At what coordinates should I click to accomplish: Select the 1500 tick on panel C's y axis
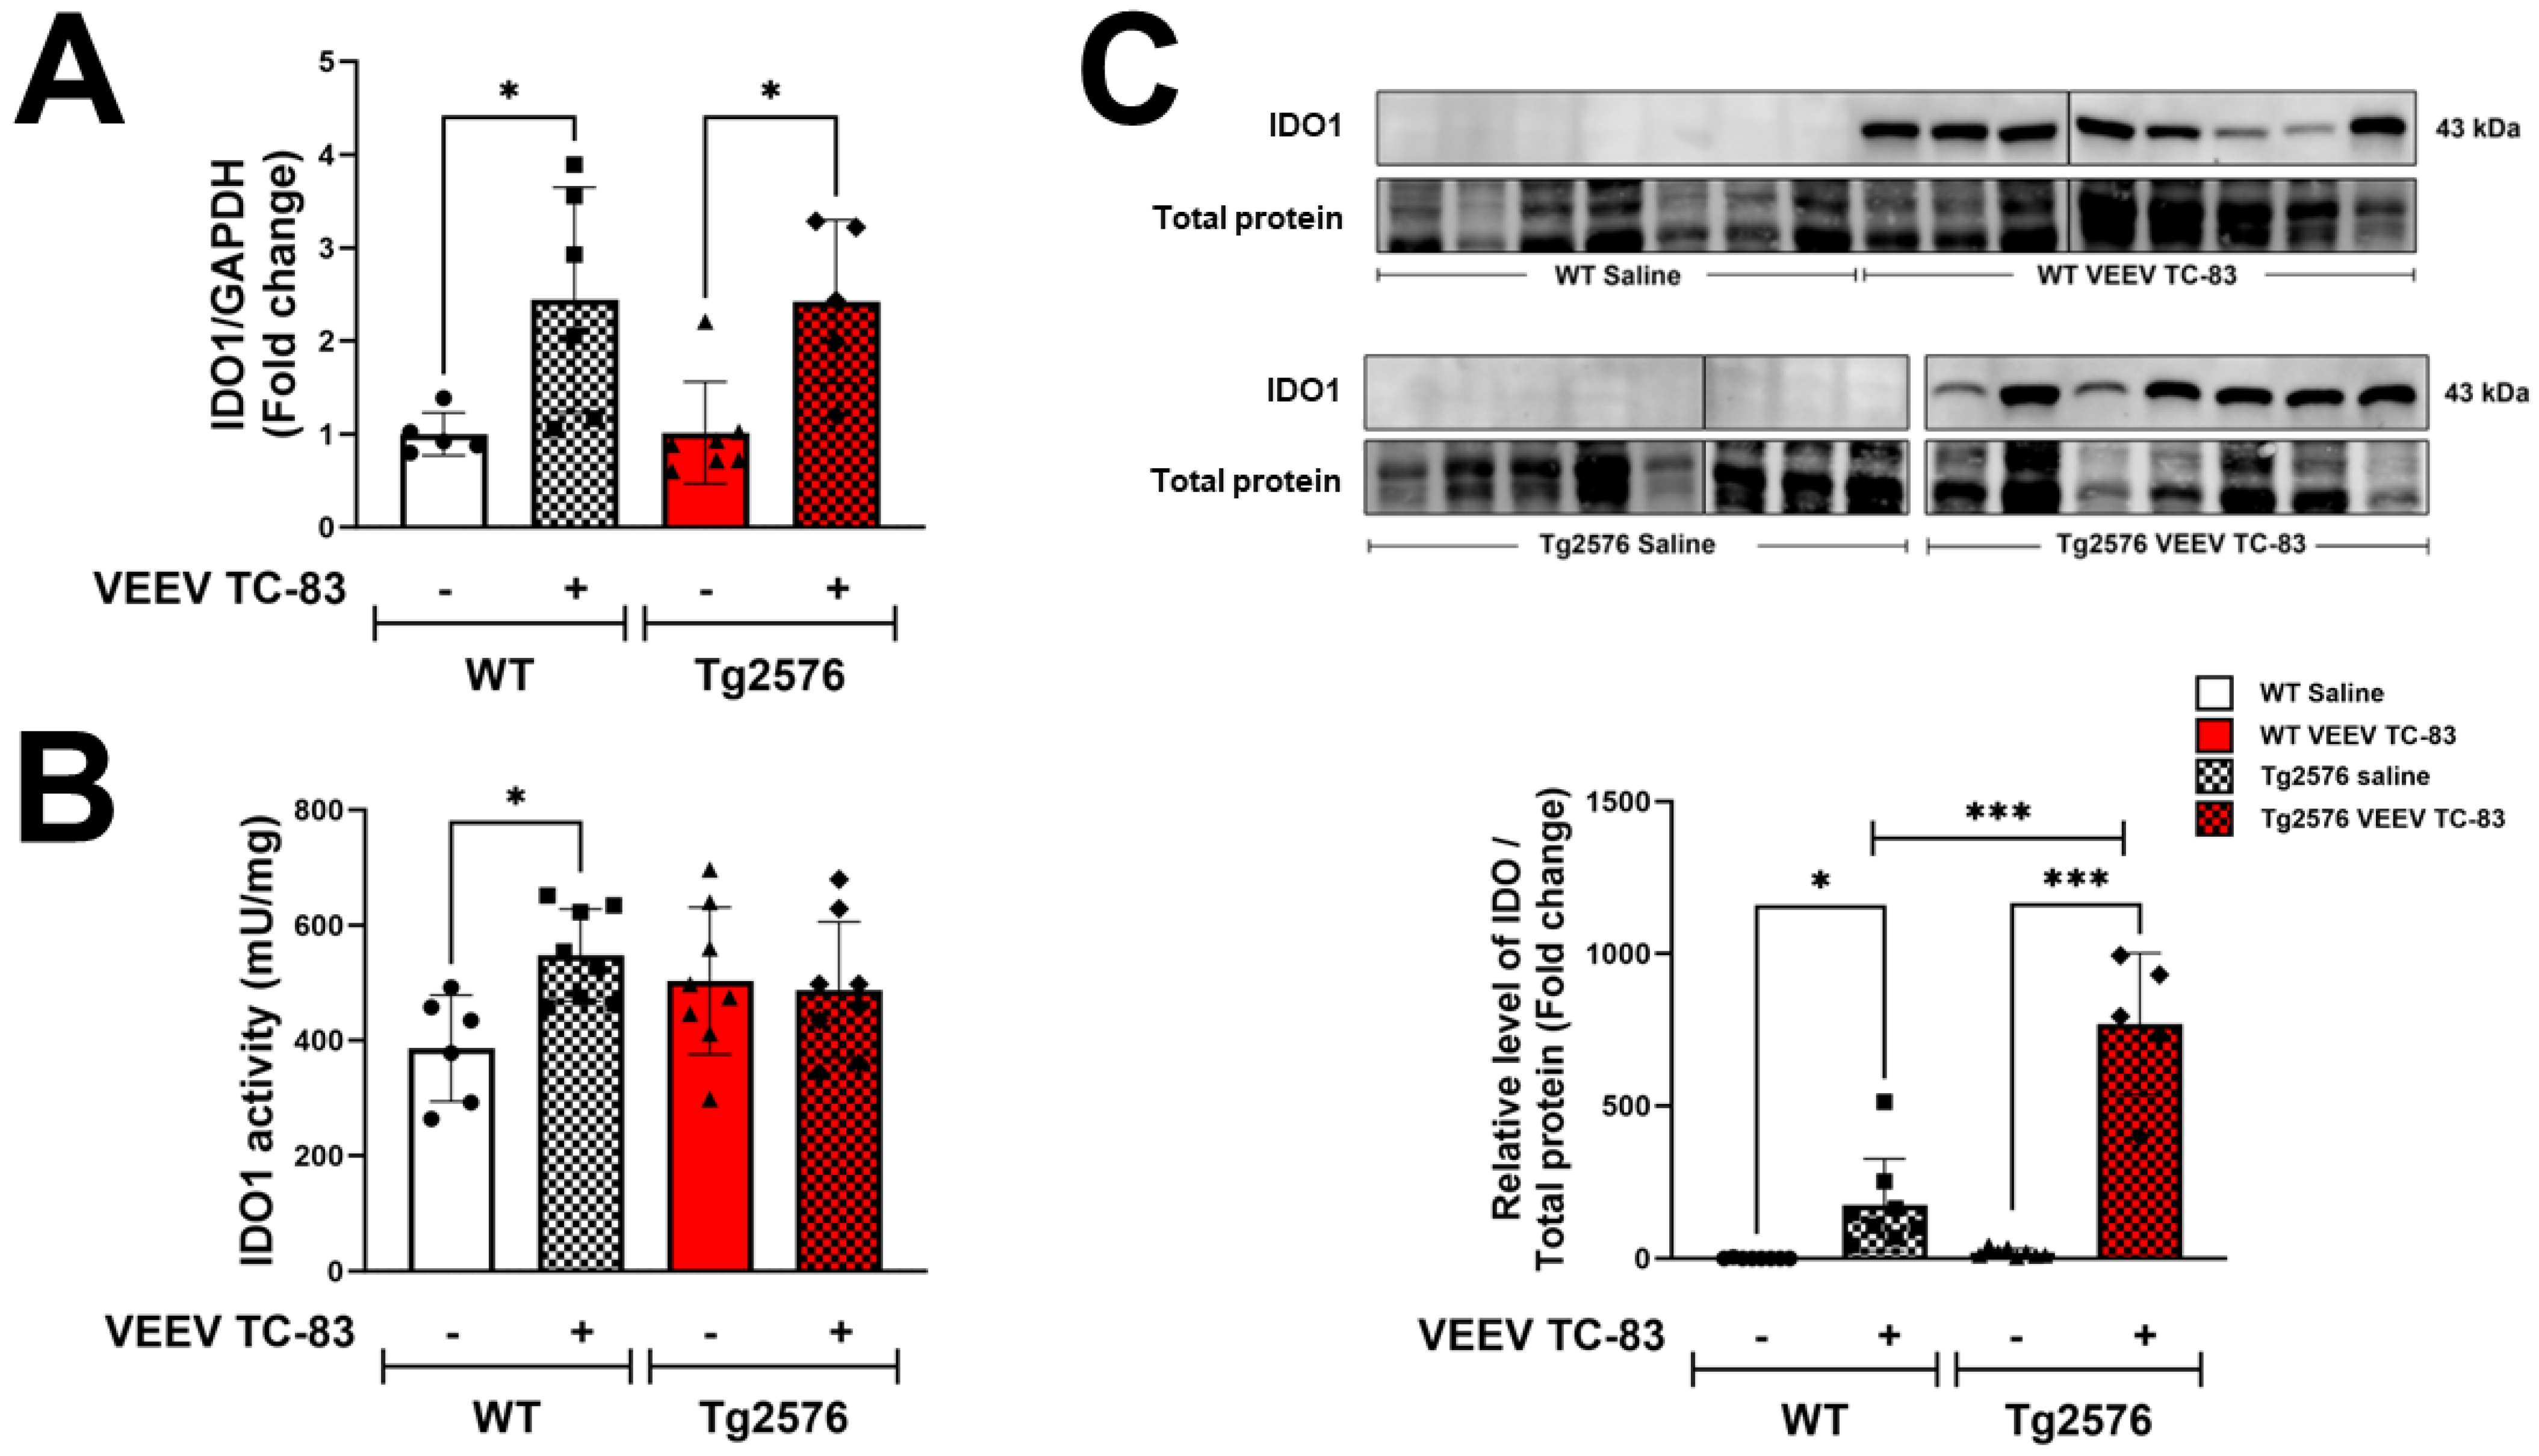[1617, 802]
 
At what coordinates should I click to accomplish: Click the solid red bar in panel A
[706, 480]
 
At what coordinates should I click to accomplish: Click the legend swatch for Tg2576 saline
[2214, 776]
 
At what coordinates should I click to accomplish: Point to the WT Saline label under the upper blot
[1617, 275]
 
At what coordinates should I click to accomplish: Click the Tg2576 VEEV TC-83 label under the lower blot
[2180, 544]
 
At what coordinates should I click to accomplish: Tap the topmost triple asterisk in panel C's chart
[1997, 812]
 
